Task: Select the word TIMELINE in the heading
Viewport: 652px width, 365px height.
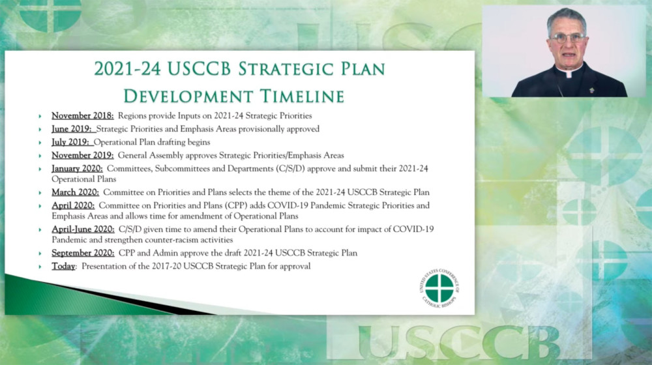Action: pos(303,96)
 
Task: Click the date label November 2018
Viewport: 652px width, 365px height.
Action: pos(82,115)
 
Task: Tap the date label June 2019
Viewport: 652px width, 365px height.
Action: pos(72,129)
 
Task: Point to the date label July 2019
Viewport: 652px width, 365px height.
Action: pos(70,142)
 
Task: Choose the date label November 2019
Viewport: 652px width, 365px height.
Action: pos(82,156)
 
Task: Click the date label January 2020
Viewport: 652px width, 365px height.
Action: pos(77,169)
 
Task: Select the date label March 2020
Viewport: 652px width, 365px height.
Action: pos(75,192)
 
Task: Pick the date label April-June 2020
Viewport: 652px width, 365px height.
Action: pos(83,229)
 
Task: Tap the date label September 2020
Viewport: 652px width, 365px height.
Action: pos(83,253)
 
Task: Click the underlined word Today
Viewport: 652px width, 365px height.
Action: pos(63,266)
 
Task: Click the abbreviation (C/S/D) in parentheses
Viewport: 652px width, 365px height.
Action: pos(290,169)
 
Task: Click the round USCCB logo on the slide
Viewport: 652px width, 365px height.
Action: pos(439,288)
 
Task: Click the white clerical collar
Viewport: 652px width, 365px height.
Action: pos(569,73)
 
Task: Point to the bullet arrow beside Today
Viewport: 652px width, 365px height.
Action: pos(40,267)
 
